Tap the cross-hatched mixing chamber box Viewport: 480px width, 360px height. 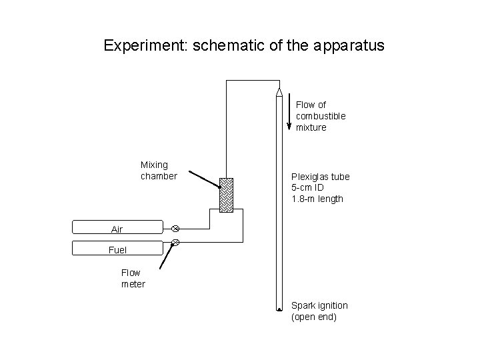pos(227,194)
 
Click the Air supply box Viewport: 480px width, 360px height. pos(117,228)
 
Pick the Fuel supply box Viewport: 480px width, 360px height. pos(117,249)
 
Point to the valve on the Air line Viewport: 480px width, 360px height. pos(176,228)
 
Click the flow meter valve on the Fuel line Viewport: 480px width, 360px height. pos(176,242)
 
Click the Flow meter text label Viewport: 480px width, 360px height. pos(131,278)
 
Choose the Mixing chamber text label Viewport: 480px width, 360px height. pos(159,170)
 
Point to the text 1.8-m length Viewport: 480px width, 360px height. pos(317,199)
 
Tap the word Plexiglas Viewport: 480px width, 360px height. pos(311,177)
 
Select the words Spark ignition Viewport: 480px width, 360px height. pos(319,305)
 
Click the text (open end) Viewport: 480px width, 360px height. pos(314,317)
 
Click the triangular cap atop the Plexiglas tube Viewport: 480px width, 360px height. pos(279,91)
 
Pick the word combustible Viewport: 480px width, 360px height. pos(321,116)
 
